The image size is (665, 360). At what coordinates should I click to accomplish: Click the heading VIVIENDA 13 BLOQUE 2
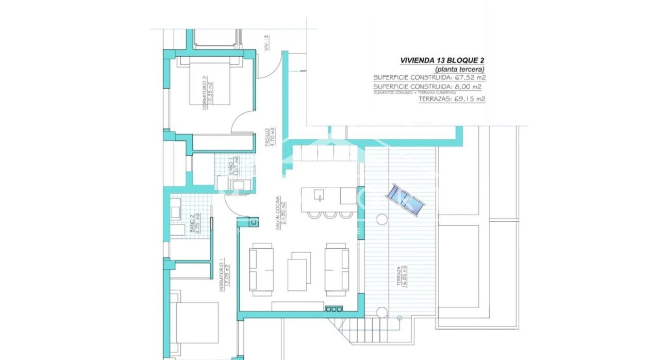tap(442, 60)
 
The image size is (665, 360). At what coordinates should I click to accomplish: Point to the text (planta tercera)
tap(460, 69)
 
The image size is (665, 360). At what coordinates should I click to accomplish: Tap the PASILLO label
tap(270, 138)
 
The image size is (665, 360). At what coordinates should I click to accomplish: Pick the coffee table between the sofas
tap(299, 270)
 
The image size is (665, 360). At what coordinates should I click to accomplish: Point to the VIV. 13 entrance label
tap(267, 42)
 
